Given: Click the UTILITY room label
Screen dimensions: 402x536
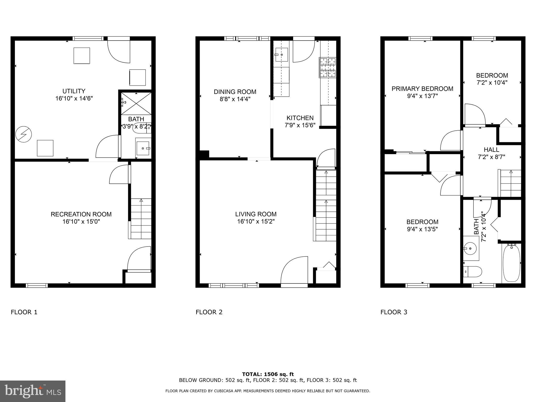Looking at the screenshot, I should point(74,91).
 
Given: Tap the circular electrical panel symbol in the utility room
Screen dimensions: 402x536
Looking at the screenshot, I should point(24,135).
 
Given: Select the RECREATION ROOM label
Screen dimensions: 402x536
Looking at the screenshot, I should point(81,214).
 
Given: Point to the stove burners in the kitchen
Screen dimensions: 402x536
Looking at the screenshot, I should point(327,68).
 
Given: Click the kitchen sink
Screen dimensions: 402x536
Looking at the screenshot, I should point(282,55).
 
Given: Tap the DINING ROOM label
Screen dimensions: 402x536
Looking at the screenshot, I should point(235,92).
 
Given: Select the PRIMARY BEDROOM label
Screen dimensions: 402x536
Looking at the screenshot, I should point(422,89).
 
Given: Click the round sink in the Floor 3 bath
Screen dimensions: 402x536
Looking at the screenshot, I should point(470,248).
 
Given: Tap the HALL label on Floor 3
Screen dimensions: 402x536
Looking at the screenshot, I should point(491,150).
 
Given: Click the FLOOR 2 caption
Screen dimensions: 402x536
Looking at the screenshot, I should point(209,312).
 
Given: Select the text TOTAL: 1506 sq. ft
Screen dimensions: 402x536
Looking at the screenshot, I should point(268,374).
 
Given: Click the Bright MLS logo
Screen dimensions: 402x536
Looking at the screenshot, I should point(33,391).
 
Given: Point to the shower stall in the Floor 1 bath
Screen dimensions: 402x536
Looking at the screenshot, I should point(136,104).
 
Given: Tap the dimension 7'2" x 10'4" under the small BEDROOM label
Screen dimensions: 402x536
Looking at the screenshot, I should point(492,83).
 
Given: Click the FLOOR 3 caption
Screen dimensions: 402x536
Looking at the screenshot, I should point(394,312).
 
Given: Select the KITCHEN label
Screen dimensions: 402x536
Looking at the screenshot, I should point(300,118).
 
